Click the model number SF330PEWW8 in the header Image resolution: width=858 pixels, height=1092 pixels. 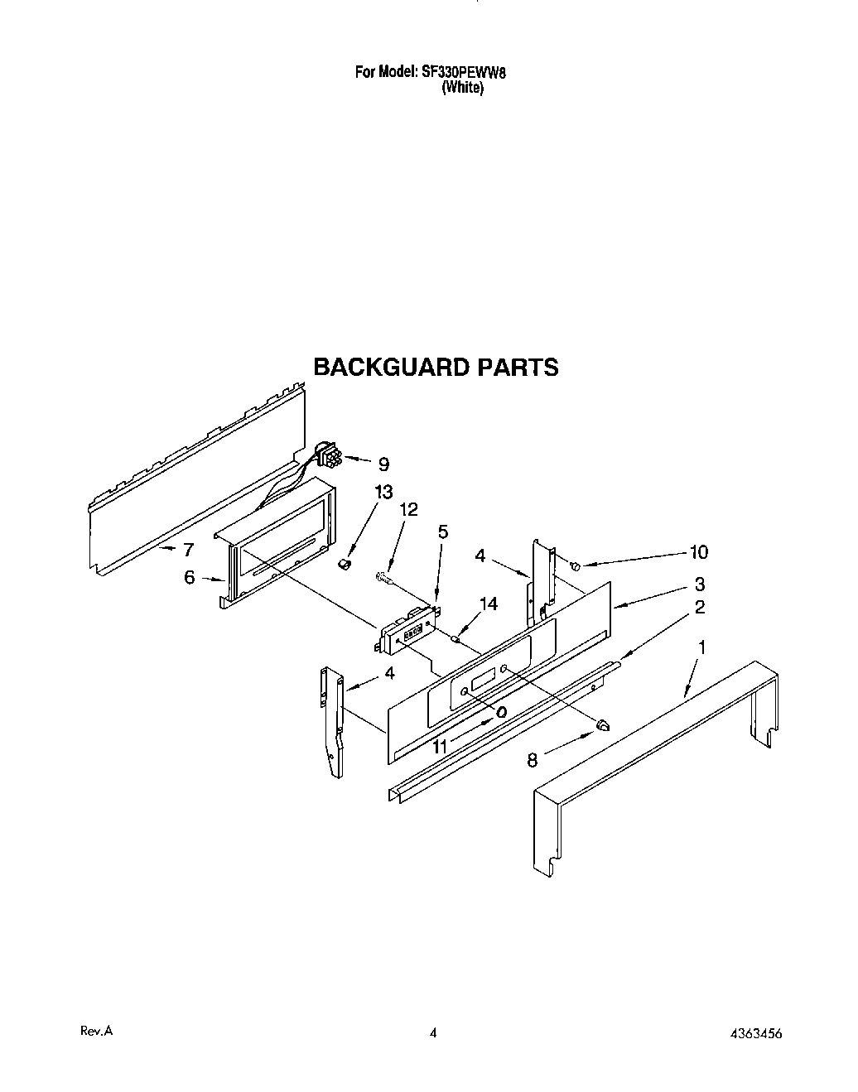click(464, 72)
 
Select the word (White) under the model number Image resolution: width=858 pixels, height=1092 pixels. click(463, 88)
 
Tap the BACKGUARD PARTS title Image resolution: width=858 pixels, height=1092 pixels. click(436, 367)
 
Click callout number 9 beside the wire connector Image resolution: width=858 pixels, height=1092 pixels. click(383, 464)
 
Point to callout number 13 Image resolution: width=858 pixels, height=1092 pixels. click(383, 493)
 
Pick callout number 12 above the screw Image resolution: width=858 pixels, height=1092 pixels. click(409, 509)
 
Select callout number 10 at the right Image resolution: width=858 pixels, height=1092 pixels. click(699, 552)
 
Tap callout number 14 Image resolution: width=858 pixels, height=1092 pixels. click(489, 604)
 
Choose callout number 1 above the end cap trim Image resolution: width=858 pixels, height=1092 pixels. click(701, 647)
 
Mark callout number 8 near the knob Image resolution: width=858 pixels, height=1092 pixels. click(533, 758)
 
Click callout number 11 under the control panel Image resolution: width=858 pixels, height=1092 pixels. click(440, 746)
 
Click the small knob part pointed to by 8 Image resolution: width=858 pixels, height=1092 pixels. click(603, 725)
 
